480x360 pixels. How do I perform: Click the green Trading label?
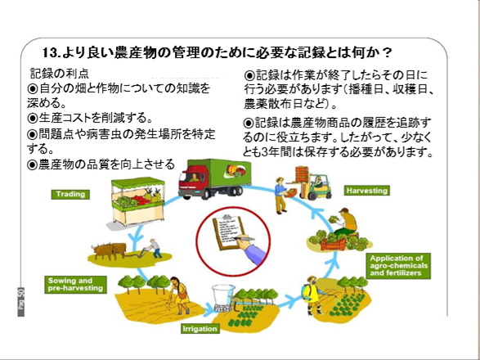tap(70, 194)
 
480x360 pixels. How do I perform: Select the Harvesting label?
tap(367, 191)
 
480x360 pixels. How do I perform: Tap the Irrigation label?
tap(200, 329)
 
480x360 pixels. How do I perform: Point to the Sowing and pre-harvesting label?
tap(75, 285)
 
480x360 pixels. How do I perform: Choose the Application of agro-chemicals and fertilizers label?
tap(398, 266)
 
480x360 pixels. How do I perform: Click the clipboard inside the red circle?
tap(229, 232)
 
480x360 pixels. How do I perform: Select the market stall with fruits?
tap(137, 201)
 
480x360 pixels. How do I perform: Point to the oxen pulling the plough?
tap(109, 250)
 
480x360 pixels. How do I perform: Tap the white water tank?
tap(224, 297)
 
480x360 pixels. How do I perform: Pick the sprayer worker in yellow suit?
tap(312, 295)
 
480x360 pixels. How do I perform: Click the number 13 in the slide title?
tap(50, 52)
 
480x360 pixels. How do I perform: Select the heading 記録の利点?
tap(60, 74)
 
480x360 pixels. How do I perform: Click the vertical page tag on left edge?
tap(20, 301)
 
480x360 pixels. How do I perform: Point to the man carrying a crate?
tap(281, 196)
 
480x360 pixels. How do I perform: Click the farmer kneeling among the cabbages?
tap(345, 223)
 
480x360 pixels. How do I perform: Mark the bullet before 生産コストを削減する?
tap(32, 118)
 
